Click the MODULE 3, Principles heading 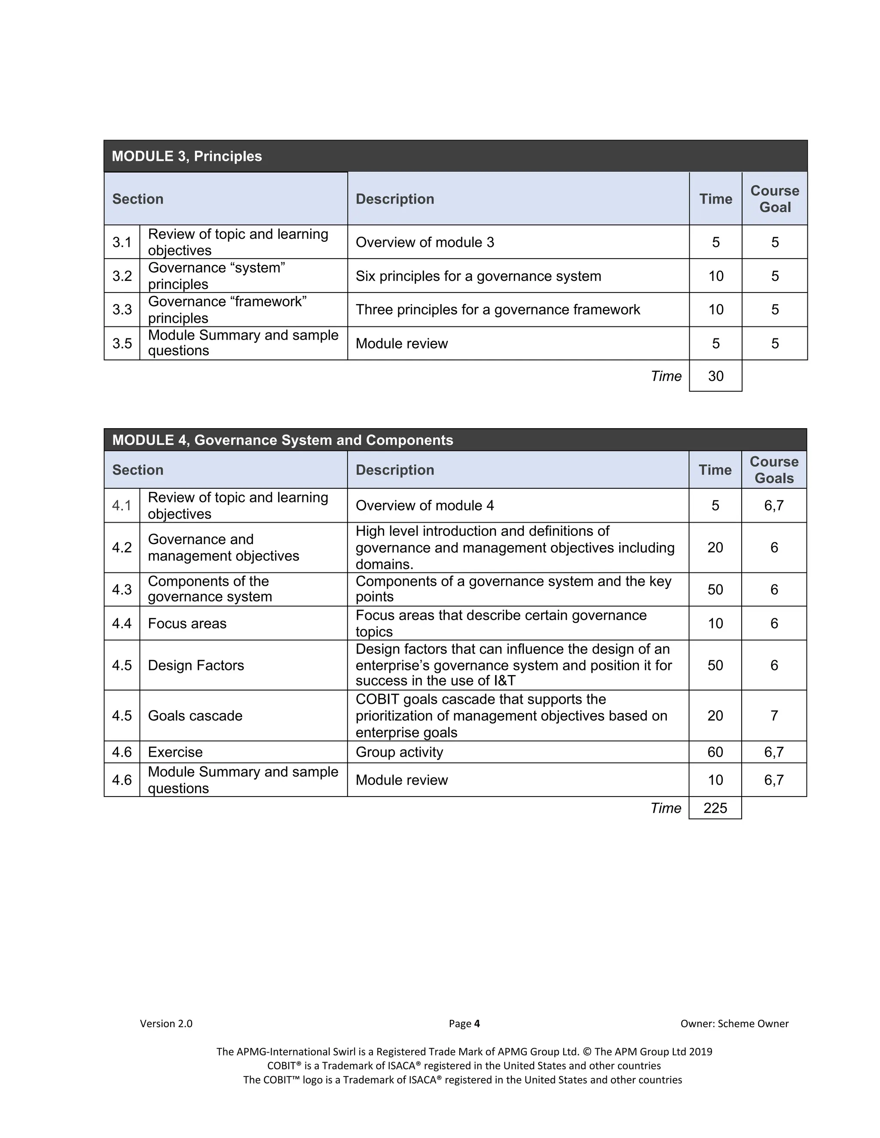pos(186,156)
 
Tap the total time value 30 pos(715,376)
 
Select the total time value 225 pos(715,808)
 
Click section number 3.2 pos(122,276)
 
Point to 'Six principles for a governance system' pos(478,276)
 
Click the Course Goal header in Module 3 pos(775,199)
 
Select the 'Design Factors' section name pos(196,665)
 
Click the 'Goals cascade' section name pos(195,716)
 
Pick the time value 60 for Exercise pos(715,752)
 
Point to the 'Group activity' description pos(399,752)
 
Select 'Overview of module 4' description pos(425,505)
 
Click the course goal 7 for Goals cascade pos(774,716)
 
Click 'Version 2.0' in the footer pos(166,1023)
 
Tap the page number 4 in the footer pos(477,1023)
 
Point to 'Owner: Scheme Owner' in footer pos(734,1023)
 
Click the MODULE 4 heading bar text pos(283,440)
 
